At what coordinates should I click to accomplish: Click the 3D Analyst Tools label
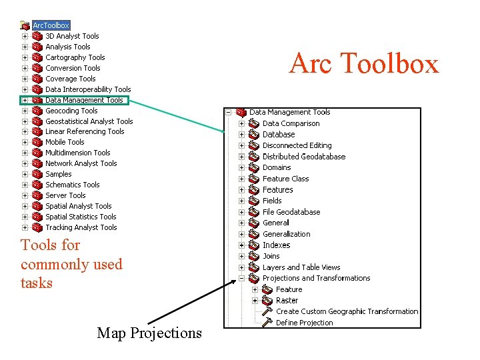coord(72,36)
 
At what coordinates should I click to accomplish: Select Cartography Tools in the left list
coord(75,57)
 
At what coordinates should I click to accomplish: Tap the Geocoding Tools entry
coord(71,111)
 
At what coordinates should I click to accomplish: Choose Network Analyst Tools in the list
coord(81,163)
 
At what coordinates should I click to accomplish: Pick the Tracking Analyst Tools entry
coord(81,227)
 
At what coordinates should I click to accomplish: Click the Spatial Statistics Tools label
coord(81,217)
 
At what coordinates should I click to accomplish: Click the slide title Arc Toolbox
coord(363,64)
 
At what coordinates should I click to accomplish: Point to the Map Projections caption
coord(149,332)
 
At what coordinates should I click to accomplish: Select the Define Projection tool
coord(304,323)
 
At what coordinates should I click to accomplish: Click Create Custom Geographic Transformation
coord(347,311)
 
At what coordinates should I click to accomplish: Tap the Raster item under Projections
coord(287,301)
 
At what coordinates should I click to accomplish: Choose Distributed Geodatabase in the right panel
coord(303,157)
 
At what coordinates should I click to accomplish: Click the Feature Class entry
coord(285,179)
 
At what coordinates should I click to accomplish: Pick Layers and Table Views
coord(301,267)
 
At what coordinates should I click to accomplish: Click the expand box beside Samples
coord(25,174)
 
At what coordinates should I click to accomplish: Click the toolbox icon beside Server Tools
coord(37,195)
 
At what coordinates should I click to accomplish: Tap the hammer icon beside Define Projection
coord(267,323)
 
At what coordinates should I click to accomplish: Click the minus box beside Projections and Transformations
coord(241,279)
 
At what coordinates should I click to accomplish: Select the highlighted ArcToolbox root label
coord(51,25)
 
